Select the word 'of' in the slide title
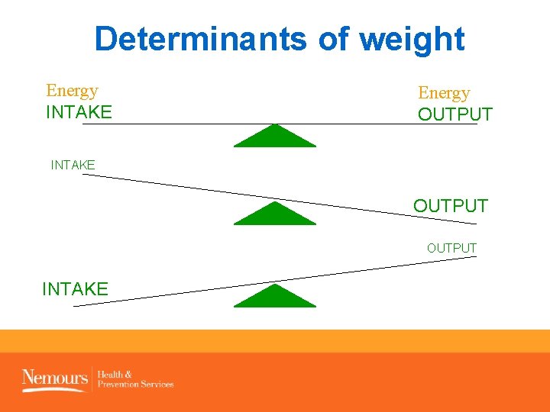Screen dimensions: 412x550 (335, 39)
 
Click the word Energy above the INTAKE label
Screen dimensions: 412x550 (72, 91)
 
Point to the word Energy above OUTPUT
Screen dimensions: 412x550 (444, 93)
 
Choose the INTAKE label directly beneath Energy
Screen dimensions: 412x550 (79, 113)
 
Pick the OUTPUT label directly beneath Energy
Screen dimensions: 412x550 (455, 115)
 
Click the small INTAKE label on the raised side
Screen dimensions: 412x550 (73, 164)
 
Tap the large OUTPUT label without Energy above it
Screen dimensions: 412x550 (450, 206)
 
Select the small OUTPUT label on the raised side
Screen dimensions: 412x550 (451, 248)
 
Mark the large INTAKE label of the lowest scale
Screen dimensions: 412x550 (75, 289)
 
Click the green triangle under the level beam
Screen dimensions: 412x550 (274, 137)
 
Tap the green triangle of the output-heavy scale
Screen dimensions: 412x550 (274, 214)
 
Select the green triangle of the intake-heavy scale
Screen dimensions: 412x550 (274, 297)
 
